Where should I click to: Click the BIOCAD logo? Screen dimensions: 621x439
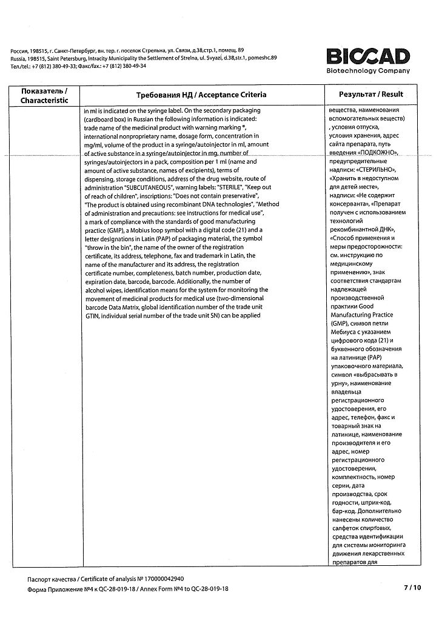point(368,56)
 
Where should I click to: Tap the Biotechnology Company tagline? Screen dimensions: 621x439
point(367,71)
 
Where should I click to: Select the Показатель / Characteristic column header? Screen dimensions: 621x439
point(44,95)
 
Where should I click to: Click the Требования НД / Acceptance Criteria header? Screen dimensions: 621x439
point(201,95)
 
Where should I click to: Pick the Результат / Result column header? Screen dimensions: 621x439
point(371,95)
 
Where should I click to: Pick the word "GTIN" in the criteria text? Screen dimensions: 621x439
point(92,316)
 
